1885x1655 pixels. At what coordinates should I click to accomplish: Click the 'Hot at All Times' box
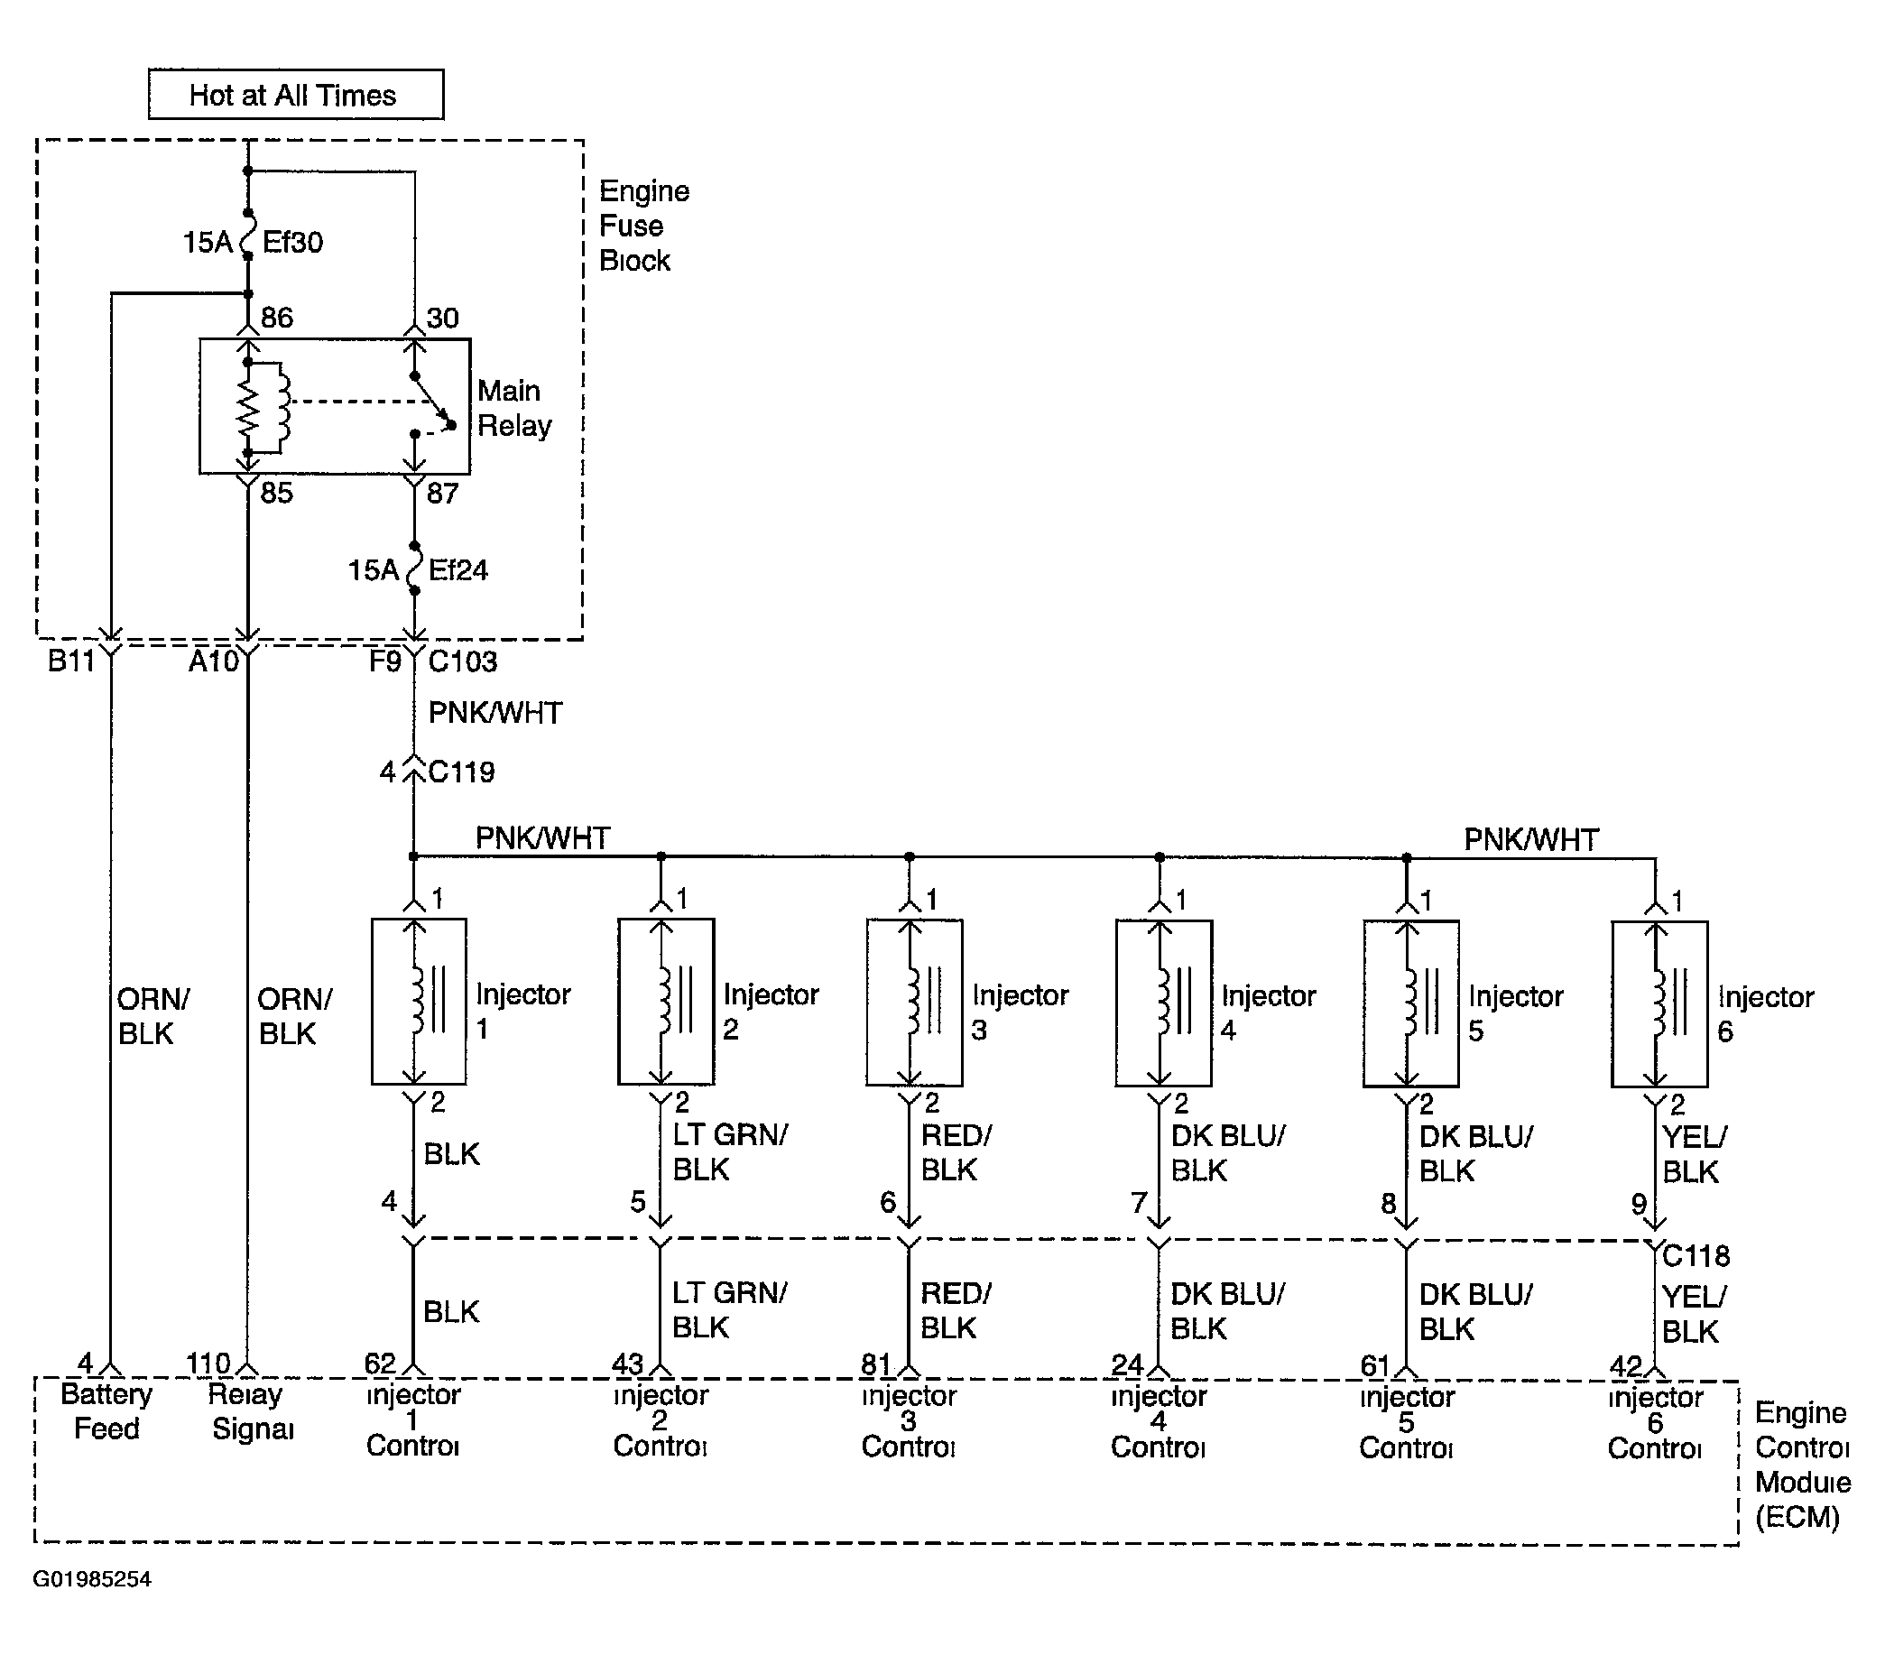(x=296, y=94)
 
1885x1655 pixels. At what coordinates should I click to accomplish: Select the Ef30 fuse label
(x=292, y=243)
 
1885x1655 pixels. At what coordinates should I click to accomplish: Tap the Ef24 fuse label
(x=457, y=570)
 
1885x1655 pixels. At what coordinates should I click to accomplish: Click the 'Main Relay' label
(x=514, y=408)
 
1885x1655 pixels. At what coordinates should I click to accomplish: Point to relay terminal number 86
(x=277, y=319)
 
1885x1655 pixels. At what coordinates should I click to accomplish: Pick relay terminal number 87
(x=443, y=494)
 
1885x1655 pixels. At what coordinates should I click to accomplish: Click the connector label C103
(x=463, y=661)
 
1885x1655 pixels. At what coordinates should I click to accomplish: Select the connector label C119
(x=461, y=772)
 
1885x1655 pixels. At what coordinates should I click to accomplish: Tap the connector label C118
(x=1696, y=1255)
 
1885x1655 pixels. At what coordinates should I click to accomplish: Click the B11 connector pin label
(x=72, y=661)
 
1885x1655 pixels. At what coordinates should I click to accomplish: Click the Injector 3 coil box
(x=914, y=1003)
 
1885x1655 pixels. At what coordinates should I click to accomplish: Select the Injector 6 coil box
(x=1659, y=1004)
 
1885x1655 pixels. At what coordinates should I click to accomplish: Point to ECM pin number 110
(x=208, y=1363)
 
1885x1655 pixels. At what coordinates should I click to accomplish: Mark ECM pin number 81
(x=876, y=1364)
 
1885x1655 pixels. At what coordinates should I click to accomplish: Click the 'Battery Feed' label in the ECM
(x=106, y=1411)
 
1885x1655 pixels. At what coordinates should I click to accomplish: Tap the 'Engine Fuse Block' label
(x=643, y=226)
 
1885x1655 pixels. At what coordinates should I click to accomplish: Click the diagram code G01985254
(x=92, y=1579)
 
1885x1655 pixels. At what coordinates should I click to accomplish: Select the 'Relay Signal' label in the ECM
(x=251, y=1411)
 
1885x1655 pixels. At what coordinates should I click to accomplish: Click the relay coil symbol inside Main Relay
(x=263, y=408)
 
